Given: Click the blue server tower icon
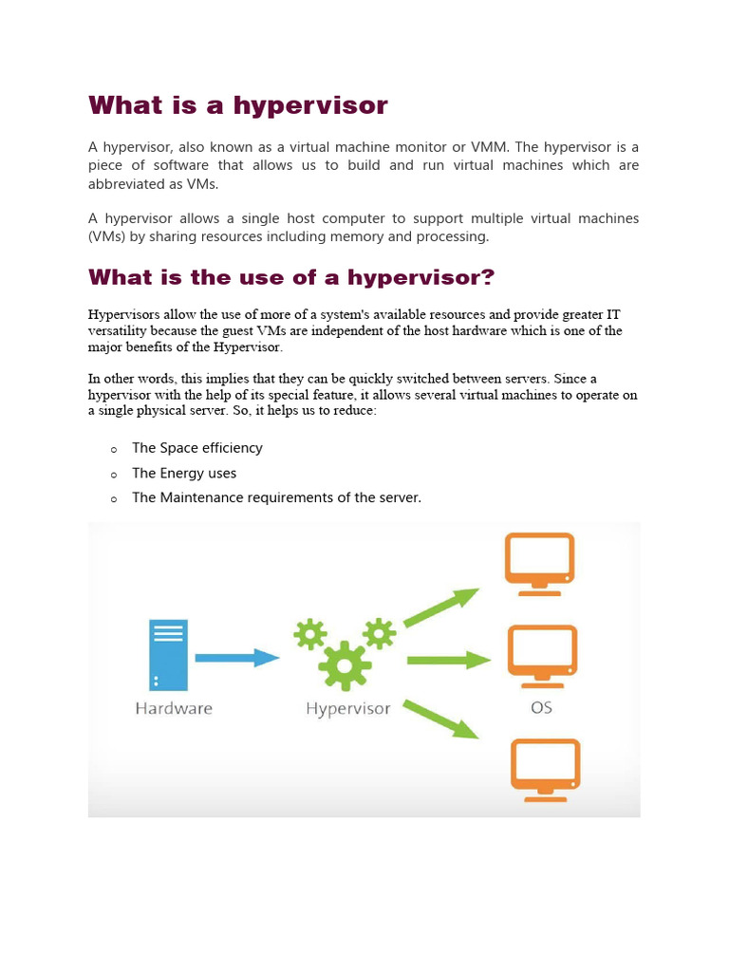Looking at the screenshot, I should [168, 655].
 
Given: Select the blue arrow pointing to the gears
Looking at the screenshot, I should [236, 657].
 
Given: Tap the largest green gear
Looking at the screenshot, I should [344, 665].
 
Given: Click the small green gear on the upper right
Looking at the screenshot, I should [380, 633].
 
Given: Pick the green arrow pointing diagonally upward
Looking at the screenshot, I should [441, 607].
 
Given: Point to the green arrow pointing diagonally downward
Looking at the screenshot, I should [441, 719].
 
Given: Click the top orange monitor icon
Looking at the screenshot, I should [539, 563].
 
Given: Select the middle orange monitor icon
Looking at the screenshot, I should [542, 655].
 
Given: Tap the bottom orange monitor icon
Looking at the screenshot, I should [545, 770].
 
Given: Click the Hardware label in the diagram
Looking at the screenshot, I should [174, 708].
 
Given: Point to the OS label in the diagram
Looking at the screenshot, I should [541, 708].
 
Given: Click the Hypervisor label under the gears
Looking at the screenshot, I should [347, 709].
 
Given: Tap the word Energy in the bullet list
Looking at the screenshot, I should [184, 473].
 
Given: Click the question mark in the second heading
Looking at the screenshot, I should [488, 277].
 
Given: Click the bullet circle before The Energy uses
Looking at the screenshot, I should [113, 474].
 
